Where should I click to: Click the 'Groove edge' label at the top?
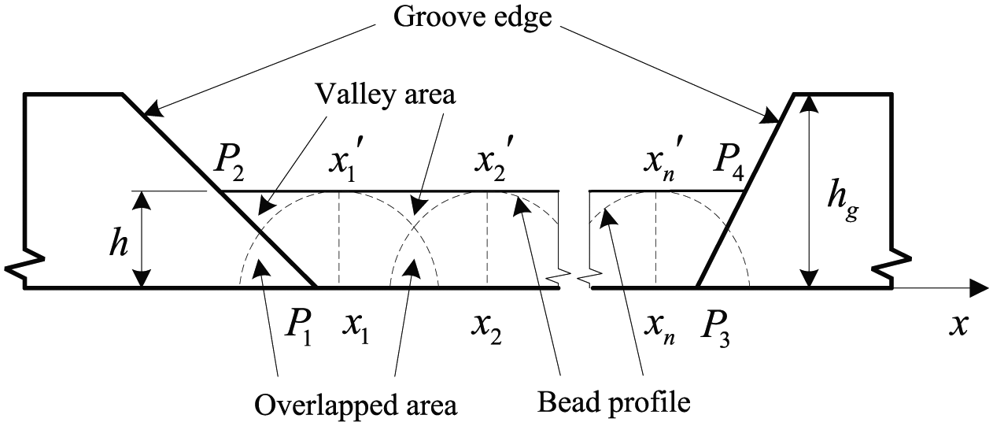pyautogui.click(x=473, y=19)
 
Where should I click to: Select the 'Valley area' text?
pyautogui.click(x=386, y=94)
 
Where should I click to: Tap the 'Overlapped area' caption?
pyautogui.click(x=356, y=405)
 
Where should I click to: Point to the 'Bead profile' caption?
pyautogui.click(x=614, y=402)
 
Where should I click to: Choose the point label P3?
pyautogui.click(x=714, y=332)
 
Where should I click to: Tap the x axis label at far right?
pyautogui.click(x=958, y=326)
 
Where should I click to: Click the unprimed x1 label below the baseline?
pyautogui.click(x=356, y=330)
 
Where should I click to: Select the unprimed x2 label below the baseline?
pyautogui.click(x=486, y=330)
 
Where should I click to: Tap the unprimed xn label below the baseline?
pyautogui.click(x=659, y=331)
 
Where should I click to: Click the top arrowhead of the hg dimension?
pyautogui.click(x=810, y=103)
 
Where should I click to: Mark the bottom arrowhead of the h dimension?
pyautogui.click(x=142, y=278)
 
